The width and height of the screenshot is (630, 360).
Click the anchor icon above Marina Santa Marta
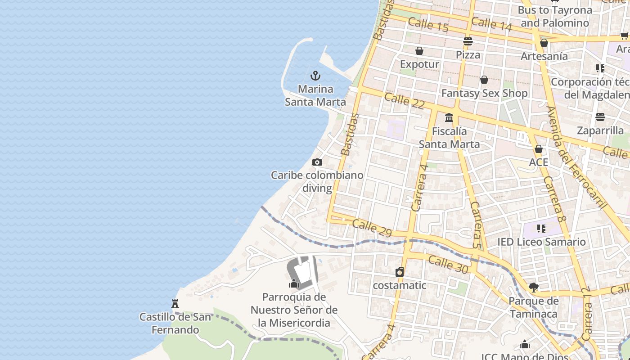pos(315,75)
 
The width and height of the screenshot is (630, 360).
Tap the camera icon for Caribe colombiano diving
pos(317,162)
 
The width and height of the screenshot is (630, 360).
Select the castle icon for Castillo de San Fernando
pos(175,304)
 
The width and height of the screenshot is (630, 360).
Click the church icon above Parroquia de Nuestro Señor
pos(294,283)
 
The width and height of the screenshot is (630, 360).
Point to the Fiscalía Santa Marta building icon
pos(449,118)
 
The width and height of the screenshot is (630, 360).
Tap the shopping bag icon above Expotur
pos(419,51)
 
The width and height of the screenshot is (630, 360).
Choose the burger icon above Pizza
pos(468,41)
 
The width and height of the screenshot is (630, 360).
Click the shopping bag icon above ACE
pos(539,149)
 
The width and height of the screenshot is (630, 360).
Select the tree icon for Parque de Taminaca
pos(533,287)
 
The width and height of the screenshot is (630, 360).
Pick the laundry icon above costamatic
pos(400,272)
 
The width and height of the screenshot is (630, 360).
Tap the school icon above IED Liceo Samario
pos(541,229)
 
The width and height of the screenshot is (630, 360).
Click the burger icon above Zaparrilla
pos(600,117)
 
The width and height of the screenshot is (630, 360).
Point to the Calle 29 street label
pos(372,228)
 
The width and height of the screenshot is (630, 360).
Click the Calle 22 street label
pos(405,100)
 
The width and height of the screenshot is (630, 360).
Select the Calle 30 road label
pos(448,264)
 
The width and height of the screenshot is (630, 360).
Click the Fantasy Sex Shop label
pos(484,93)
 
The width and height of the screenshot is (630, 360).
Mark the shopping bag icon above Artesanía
pos(544,43)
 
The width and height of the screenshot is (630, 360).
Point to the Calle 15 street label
pos(428,25)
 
